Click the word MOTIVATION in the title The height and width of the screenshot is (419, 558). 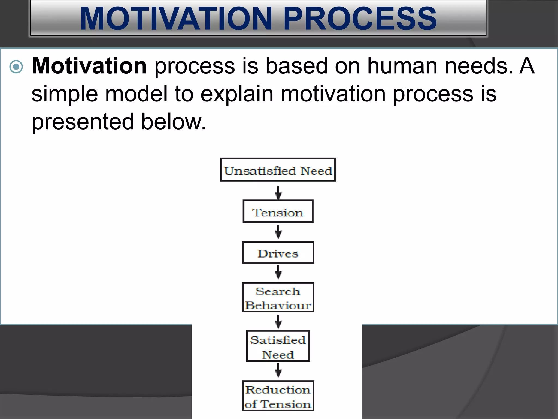[x=176, y=19]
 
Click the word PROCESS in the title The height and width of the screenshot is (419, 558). [x=360, y=19]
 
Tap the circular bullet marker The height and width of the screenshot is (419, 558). [x=16, y=67]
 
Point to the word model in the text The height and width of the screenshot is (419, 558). [x=136, y=94]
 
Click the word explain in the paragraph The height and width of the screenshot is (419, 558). [x=237, y=94]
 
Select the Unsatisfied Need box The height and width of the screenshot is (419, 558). [x=278, y=170]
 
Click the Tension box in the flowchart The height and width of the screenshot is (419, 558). [x=278, y=211]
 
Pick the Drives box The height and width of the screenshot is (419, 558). [x=278, y=253]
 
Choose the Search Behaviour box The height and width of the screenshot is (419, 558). [x=278, y=297]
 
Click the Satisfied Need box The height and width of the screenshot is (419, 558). [x=278, y=346]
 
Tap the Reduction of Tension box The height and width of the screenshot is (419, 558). [x=278, y=396]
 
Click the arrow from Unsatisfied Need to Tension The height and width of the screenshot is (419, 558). [x=278, y=193]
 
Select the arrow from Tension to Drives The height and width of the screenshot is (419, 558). [x=278, y=232]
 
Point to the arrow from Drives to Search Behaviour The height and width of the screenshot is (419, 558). [x=278, y=272]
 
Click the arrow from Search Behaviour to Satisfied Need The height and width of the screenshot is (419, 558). [x=278, y=321]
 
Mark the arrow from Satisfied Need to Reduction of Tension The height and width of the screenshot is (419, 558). [x=278, y=371]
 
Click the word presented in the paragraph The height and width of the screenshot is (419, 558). [x=83, y=122]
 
